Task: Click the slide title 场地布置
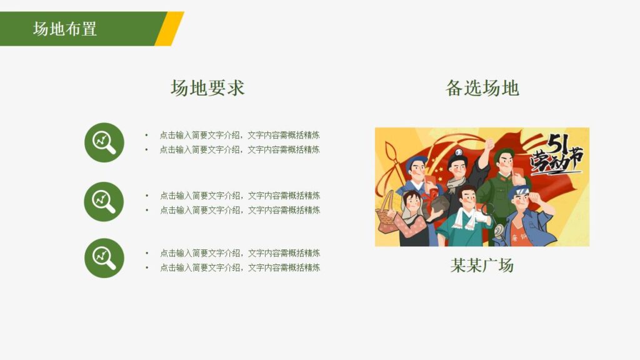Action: [65, 29]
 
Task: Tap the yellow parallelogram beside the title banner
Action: [170, 29]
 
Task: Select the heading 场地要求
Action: [207, 88]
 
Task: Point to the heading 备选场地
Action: [482, 88]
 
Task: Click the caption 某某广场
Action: [482, 265]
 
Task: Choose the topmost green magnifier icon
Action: [104, 142]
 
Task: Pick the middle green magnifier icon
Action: [104, 201]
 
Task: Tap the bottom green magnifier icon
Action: [104, 257]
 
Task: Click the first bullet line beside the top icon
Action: [239, 135]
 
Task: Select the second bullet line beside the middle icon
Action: [239, 210]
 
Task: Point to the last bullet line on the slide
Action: [239, 267]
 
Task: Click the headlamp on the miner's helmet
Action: [459, 152]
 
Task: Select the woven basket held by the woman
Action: [387, 216]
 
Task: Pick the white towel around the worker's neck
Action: [465, 218]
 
